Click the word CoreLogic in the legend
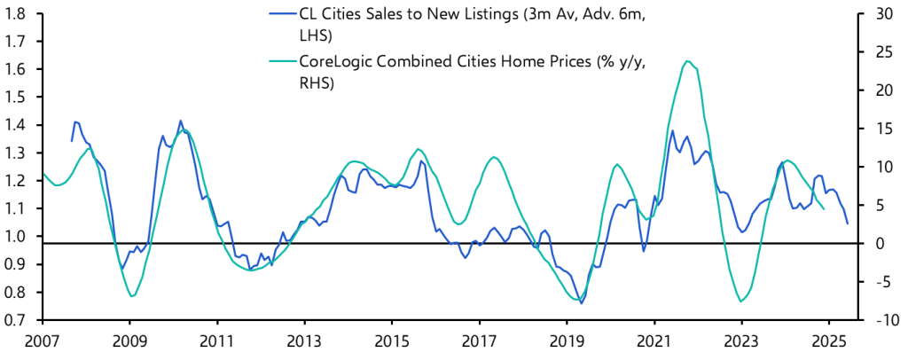(x=336, y=61)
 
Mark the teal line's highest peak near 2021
(x=687, y=61)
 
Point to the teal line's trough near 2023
(x=741, y=301)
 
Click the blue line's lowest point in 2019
(x=581, y=303)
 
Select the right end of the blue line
(x=847, y=223)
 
